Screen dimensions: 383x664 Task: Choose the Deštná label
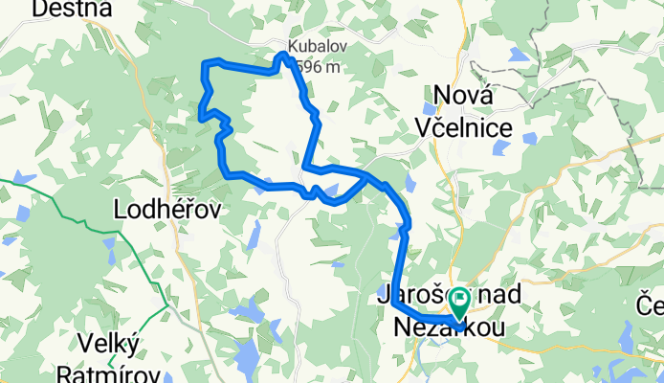(66, 9)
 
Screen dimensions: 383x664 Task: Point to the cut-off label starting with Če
(651, 306)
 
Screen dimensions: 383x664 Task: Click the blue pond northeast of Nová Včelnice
(520, 56)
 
